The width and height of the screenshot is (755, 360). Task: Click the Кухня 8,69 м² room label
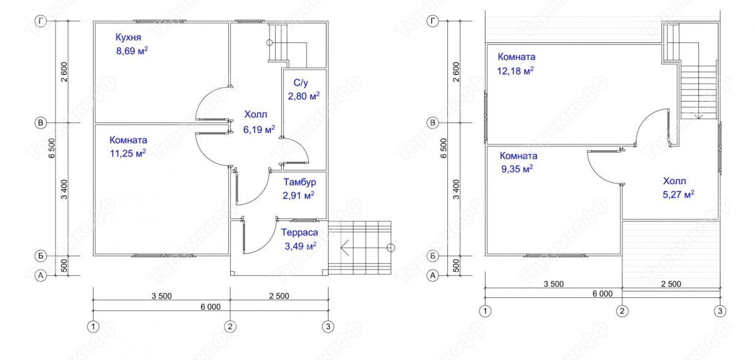132,44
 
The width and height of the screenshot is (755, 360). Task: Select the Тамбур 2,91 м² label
299,189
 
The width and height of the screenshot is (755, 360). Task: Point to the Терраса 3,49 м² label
300,239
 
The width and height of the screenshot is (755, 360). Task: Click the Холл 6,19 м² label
259,122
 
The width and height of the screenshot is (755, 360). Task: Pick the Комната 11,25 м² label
128,146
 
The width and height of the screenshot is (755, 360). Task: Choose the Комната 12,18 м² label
516,64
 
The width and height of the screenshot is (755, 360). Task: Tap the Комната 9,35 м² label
518,162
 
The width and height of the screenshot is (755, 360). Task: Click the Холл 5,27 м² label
678,188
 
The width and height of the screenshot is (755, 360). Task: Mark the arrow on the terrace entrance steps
366,248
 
